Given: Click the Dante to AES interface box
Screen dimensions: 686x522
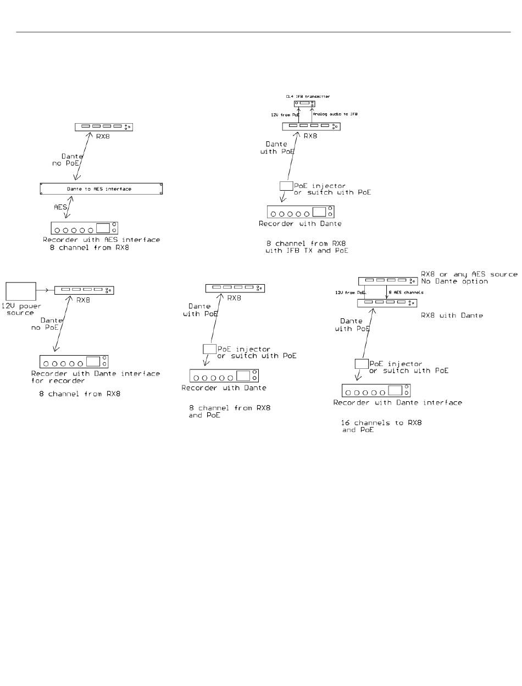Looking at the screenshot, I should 102,189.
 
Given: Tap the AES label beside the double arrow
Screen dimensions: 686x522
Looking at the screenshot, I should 59,207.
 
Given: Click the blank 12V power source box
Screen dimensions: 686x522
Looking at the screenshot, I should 21,291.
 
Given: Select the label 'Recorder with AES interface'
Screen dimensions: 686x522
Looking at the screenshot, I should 102,240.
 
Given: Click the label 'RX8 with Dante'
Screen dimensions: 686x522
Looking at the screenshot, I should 452,316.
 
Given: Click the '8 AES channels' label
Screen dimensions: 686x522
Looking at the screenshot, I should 407,293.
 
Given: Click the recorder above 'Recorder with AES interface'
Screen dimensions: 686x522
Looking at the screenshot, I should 85,228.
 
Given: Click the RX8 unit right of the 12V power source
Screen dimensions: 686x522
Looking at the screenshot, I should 85,290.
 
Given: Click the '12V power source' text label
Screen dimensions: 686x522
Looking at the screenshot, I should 20,309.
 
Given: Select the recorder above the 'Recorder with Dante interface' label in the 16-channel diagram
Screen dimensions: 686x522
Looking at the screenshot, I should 376,391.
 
